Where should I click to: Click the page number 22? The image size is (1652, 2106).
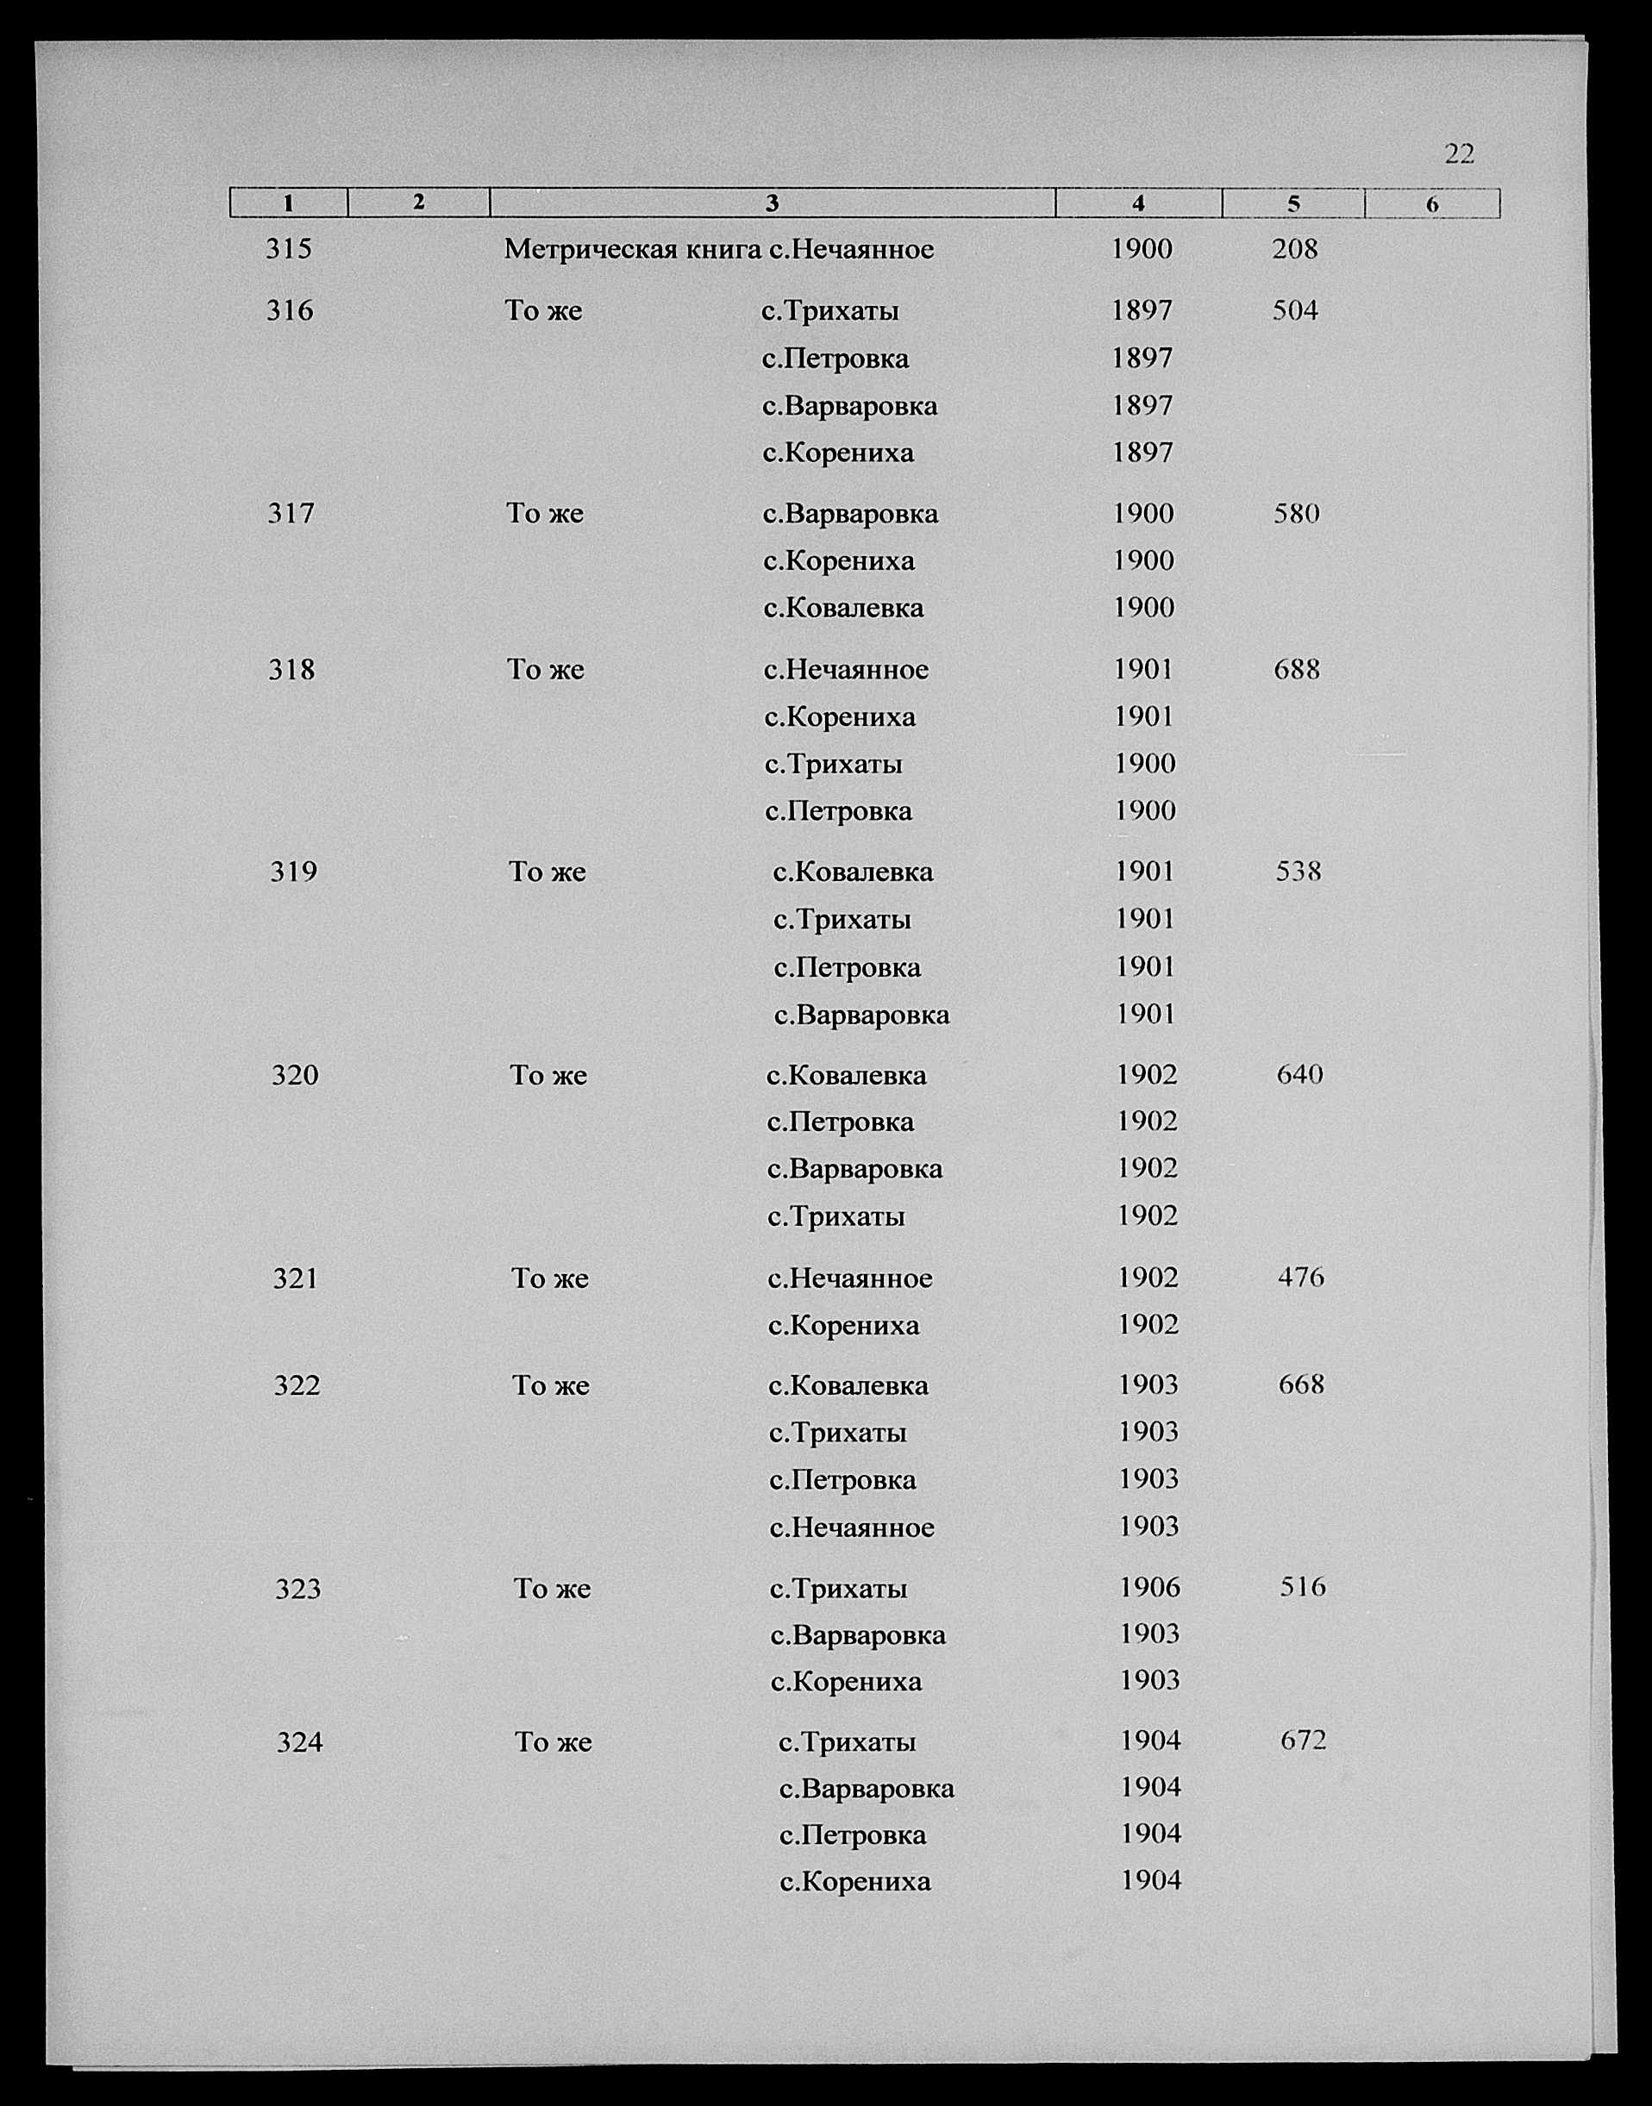[x=1459, y=153]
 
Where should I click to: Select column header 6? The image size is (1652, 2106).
[x=1431, y=204]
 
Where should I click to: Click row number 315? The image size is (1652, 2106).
[x=289, y=249]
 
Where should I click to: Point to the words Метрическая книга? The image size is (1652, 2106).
[x=633, y=249]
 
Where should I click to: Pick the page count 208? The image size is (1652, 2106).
[x=1294, y=249]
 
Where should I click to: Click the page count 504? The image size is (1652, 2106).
[x=1295, y=310]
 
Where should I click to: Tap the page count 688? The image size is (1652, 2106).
[x=1296, y=669]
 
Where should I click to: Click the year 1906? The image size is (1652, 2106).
[x=1149, y=1588]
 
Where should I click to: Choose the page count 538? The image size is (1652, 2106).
[x=1298, y=872]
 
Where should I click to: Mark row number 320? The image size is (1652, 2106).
[x=295, y=1075]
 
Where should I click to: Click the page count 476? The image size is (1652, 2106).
[x=1301, y=1278]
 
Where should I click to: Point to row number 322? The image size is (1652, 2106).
[x=297, y=1385]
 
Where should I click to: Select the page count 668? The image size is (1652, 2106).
[x=1301, y=1384]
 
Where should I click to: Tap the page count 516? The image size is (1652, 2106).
[x=1303, y=1587]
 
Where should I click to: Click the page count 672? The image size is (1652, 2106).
[x=1303, y=1740]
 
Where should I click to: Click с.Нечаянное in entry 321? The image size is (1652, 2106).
[x=850, y=1278]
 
